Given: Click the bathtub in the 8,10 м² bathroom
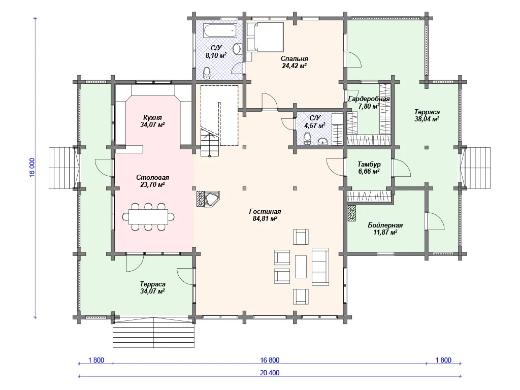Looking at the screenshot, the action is click(x=220, y=31).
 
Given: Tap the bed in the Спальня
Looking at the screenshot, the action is click(x=265, y=37).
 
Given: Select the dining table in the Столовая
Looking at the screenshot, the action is click(x=148, y=217).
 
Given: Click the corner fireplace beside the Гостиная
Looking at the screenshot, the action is click(x=209, y=199).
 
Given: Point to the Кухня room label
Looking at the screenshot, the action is click(x=152, y=117).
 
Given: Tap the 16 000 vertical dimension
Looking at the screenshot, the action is click(x=32, y=168).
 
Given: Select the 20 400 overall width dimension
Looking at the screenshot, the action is click(x=270, y=373).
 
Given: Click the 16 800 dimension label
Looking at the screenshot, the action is click(x=270, y=360).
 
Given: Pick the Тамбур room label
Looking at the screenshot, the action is click(x=369, y=164).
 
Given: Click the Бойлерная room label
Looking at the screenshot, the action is click(x=385, y=225).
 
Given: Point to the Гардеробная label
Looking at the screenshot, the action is click(x=369, y=99).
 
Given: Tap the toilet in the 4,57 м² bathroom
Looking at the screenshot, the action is click(x=307, y=138).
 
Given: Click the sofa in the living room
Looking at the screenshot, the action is click(x=320, y=267).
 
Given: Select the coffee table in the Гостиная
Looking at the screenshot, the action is click(x=301, y=266).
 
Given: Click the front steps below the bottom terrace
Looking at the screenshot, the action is click(x=153, y=332).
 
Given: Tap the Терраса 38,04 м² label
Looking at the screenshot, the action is click(x=427, y=115).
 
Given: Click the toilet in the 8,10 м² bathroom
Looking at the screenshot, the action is click(x=207, y=73).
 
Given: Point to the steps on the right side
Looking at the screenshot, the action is click(x=477, y=168).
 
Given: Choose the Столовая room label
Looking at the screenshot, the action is click(x=152, y=177).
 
